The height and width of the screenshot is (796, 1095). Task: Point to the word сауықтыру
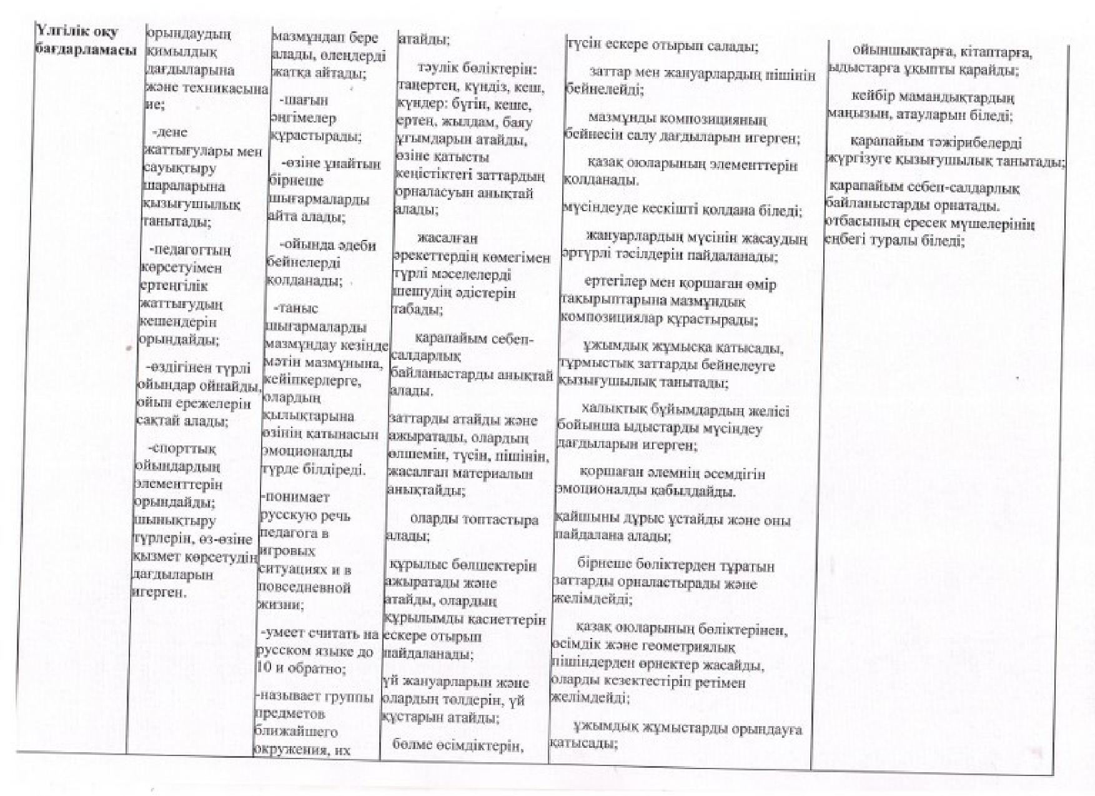click(171, 169)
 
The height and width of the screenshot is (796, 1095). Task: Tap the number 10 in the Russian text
click(264, 669)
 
